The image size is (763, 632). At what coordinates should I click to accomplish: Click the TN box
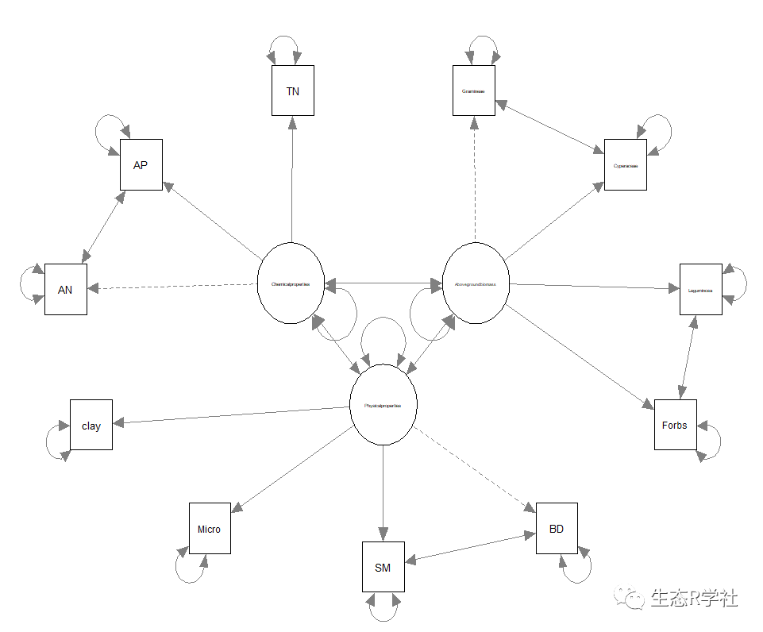(292, 91)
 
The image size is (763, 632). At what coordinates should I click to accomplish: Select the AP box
(141, 164)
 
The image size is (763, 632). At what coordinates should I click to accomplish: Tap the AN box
(65, 289)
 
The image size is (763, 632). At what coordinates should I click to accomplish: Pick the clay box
(91, 425)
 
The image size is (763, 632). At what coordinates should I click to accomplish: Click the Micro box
(210, 528)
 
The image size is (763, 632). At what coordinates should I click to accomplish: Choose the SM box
(383, 566)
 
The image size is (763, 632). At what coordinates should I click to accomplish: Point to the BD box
(557, 528)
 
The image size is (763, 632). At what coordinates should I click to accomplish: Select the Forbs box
(675, 424)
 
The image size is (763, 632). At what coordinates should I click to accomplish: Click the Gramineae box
(474, 91)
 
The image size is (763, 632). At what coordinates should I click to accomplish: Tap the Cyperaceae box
(625, 164)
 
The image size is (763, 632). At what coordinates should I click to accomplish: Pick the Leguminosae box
(700, 289)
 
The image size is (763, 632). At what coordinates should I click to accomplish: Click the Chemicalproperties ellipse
(291, 283)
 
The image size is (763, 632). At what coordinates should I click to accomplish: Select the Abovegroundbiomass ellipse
(475, 283)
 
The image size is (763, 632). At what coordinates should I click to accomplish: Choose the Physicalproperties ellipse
(383, 405)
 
